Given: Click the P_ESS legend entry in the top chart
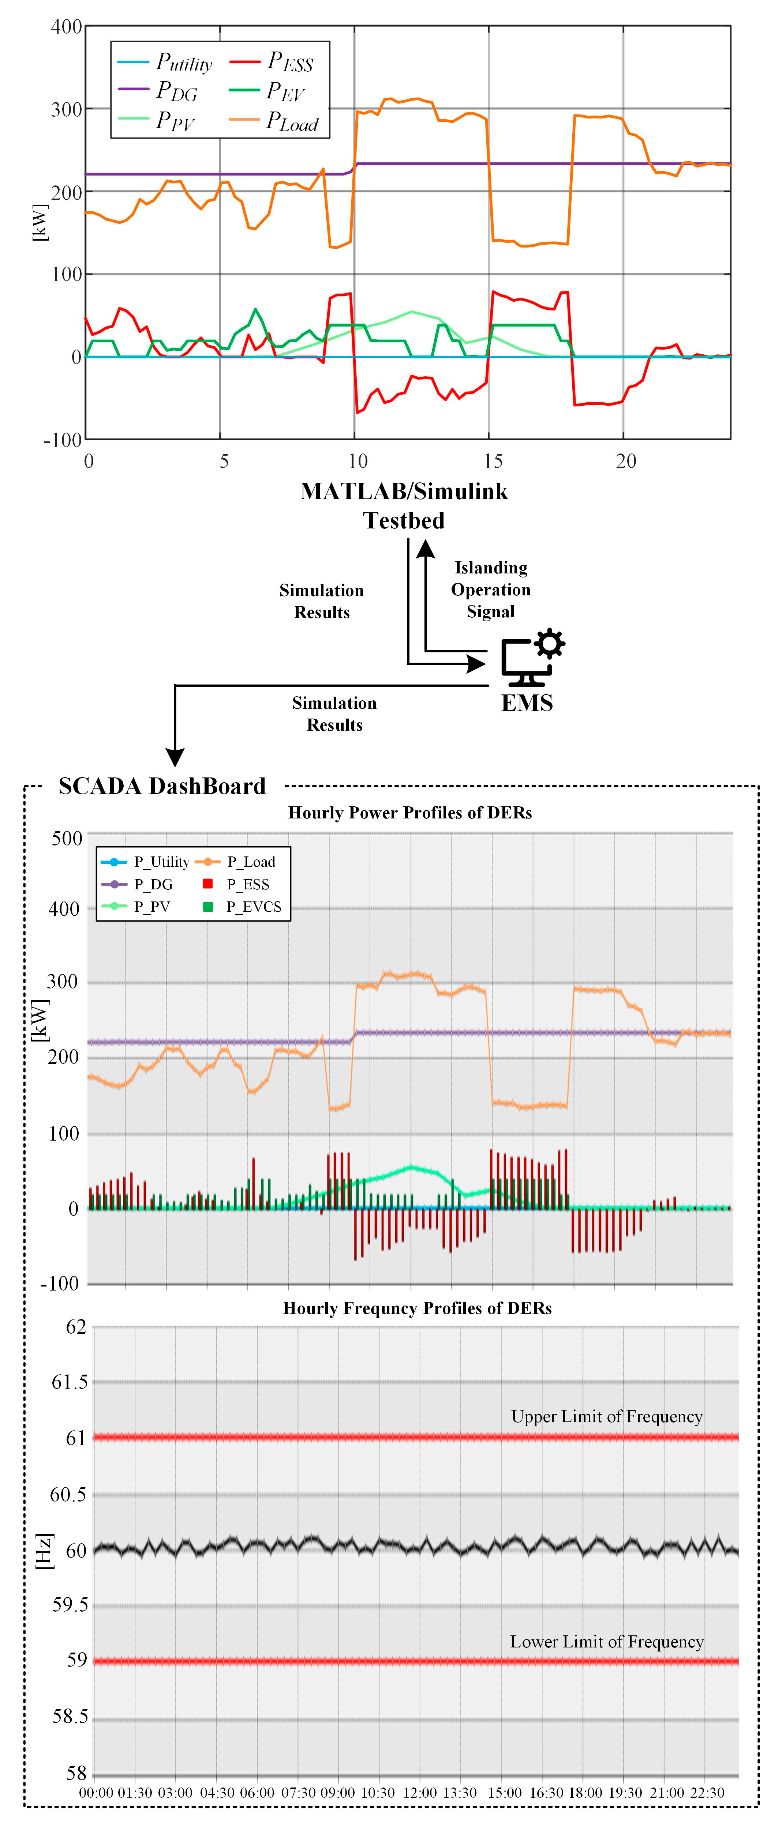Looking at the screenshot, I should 289,63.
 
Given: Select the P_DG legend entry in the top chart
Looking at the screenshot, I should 176,91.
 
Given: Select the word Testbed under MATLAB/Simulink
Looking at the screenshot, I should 404,521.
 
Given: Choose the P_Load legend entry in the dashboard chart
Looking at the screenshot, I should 250,862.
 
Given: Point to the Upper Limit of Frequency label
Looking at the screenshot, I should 607,1416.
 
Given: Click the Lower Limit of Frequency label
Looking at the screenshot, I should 607,1641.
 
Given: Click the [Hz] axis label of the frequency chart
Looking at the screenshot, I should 44,1551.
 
